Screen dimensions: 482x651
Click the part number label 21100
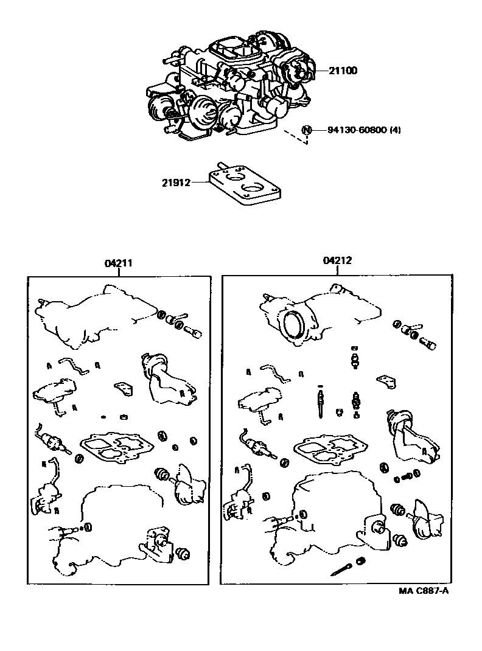pos(343,71)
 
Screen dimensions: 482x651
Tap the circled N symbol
pos(306,130)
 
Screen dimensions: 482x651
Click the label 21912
pos(176,183)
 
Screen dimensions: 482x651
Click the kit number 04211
pos(118,263)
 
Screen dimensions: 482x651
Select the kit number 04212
pos(337,260)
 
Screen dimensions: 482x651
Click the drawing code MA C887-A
pos(424,591)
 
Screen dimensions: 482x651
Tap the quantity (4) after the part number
pos(396,130)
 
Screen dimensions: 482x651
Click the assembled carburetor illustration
pos(231,86)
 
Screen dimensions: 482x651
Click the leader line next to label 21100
pos(322,71)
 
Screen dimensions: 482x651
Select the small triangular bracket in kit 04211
pos(125,388)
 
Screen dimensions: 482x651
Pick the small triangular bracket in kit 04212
pos(386,382)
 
